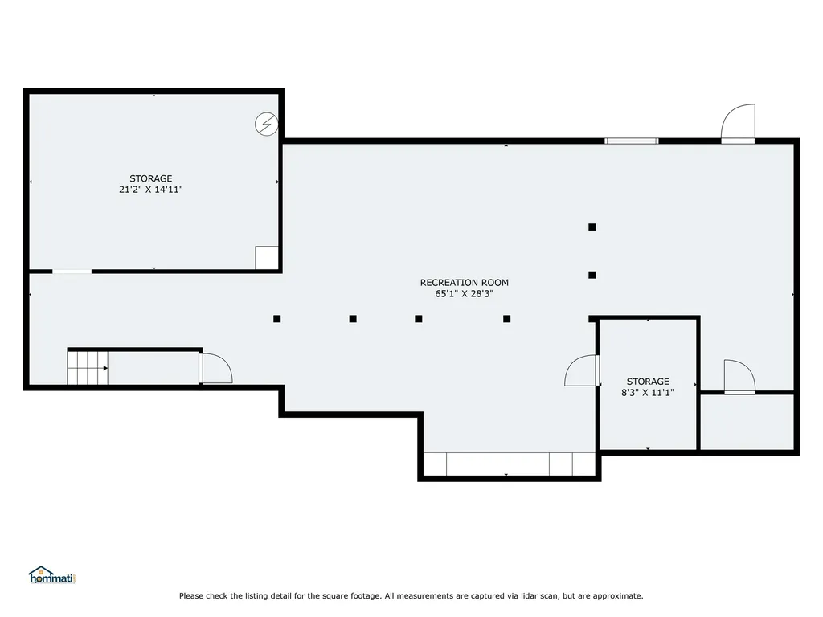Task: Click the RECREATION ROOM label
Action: tap(464, 282)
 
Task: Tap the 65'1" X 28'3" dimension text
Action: tap(464, 294)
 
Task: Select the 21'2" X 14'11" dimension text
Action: tap(150, 190)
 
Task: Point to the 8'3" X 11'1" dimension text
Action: tap(648, 392)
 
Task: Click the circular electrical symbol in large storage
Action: tap(266, 125)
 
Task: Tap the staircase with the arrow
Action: tap(88, 368)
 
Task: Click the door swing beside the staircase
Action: tap(215, 368)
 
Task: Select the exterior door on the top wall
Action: tap(738, 124)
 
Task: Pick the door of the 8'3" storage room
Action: tap(583, 370)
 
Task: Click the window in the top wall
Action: tap(632, 141)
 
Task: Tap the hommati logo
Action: tap(52, 575)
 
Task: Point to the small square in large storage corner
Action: tap(267, 258)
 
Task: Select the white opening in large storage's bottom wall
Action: tap(72, 272)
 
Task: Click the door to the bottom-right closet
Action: tap(739, 377)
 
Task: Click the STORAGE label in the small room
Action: tap(648, 382)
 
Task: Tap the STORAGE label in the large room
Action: tap(150, 178)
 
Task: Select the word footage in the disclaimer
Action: tap(364, 596)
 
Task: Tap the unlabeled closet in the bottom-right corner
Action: tap(747, 421)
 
